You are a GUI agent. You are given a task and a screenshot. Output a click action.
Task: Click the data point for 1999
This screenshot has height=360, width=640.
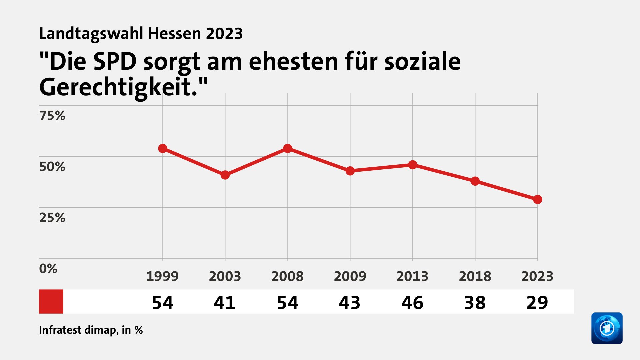tap(163, 148)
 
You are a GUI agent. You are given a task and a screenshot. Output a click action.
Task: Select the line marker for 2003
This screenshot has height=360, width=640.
tap(225, 175)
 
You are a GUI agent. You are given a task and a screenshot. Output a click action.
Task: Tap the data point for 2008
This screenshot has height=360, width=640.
tap(288, 148)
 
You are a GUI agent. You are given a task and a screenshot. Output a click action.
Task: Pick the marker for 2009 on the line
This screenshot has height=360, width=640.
tap(350, 171)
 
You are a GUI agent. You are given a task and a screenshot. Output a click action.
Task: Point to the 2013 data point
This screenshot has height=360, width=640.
tap(413, 165)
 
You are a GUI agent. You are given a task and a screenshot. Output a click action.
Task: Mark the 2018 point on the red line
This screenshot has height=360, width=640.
tap(475, 181)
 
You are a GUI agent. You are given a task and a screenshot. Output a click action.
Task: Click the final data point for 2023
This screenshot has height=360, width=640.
tap(537, 199)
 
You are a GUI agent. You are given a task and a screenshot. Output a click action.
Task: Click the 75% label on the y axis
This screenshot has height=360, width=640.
tap(52, 116)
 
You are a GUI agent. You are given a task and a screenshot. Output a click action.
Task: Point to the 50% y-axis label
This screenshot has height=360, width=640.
tap(52, 167)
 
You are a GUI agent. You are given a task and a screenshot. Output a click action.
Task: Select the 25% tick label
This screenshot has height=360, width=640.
tap(52, 218)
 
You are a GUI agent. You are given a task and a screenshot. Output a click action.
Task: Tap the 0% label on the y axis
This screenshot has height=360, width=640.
tap(48, 269)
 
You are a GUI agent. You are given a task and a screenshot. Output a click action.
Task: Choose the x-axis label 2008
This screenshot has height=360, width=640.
tap(287, 276)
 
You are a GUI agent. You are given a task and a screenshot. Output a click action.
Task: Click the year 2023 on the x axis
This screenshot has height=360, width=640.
tap(537, 276)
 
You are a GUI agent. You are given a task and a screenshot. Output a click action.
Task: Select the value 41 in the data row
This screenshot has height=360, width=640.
tap(225, 303)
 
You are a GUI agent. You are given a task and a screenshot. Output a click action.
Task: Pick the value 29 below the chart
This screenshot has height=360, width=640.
tap(537, 303)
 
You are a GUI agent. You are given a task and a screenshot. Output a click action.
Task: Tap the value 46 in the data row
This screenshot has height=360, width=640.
tap(412, 303)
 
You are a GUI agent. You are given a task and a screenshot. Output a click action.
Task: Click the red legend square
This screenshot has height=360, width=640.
tap(51, 301)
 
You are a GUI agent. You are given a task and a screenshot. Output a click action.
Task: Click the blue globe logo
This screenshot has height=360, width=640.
tap(607, 328)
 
